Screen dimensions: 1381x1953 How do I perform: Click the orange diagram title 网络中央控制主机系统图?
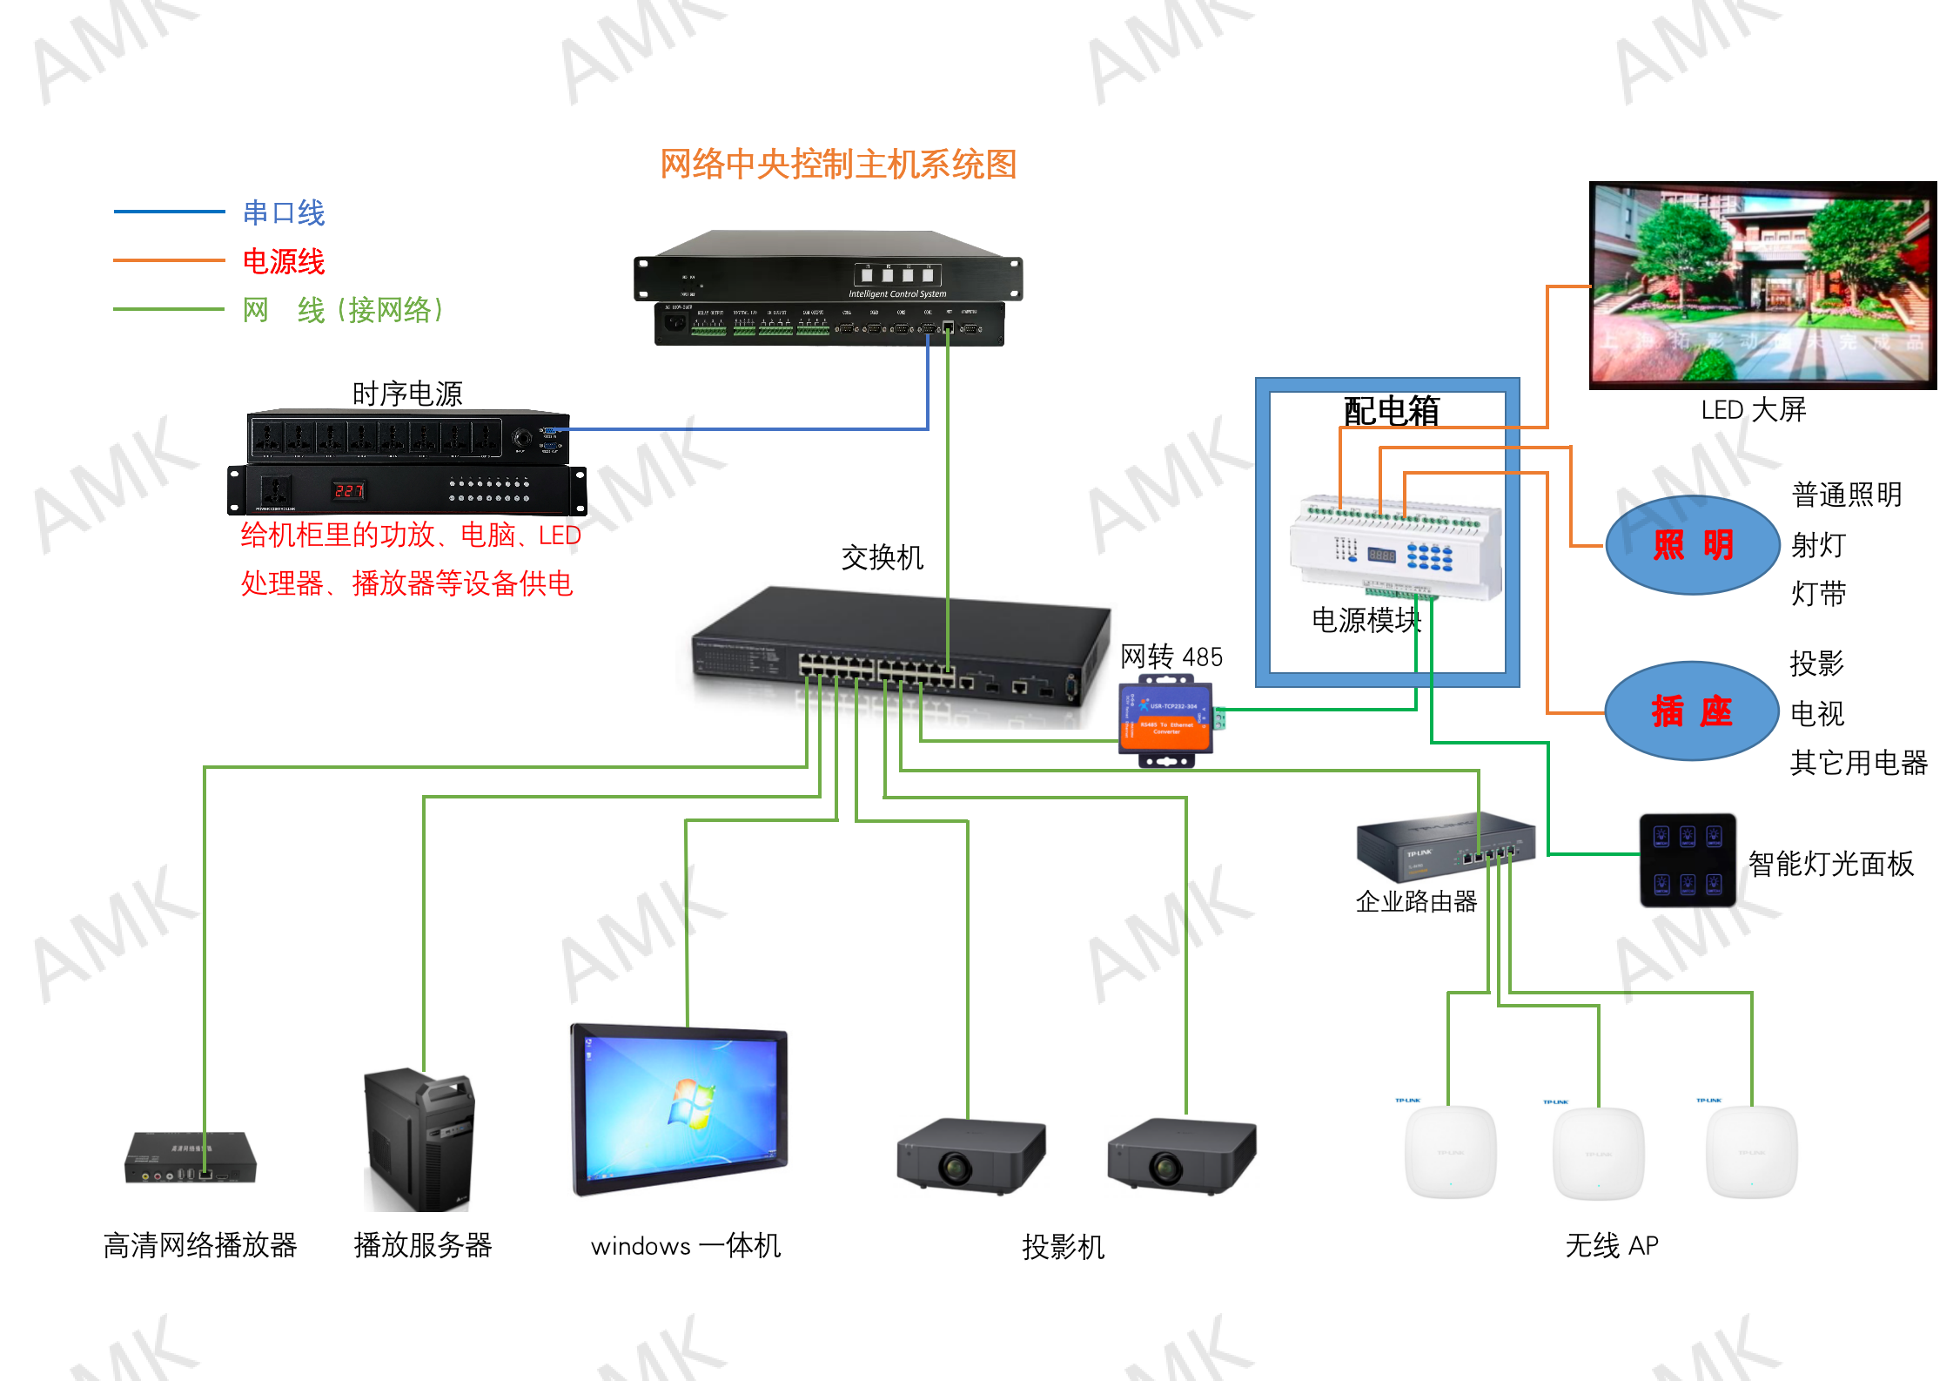pos(838,165)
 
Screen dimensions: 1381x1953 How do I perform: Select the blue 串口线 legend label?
pos(284,212)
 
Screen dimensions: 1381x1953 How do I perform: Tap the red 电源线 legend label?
pos(284,261)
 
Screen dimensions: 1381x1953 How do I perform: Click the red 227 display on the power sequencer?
pos(349,490)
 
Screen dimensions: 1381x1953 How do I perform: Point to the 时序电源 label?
pos(407,394)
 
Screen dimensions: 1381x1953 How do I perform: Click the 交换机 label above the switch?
pos(882,557)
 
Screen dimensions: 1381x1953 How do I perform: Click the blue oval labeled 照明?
pos(1692,545)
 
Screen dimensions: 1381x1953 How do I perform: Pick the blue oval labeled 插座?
pos(1691,711)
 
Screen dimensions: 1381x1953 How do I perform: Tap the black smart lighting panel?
pos(1688,860)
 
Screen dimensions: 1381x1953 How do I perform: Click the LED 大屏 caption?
pos(1754,409)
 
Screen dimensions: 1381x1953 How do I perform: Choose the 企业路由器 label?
pos(1416,901)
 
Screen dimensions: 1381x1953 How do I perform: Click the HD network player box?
pos(191,1158)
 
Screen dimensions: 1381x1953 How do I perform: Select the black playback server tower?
pos(419,1141)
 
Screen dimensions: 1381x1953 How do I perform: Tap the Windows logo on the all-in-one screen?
pos(692,1103)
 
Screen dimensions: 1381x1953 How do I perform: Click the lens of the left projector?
pos(955,1167)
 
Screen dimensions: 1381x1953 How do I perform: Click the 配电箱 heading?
pos(1391,411)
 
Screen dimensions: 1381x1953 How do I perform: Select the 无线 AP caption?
pos(1612,1245)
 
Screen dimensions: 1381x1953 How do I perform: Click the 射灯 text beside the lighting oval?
pos(1818,545)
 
